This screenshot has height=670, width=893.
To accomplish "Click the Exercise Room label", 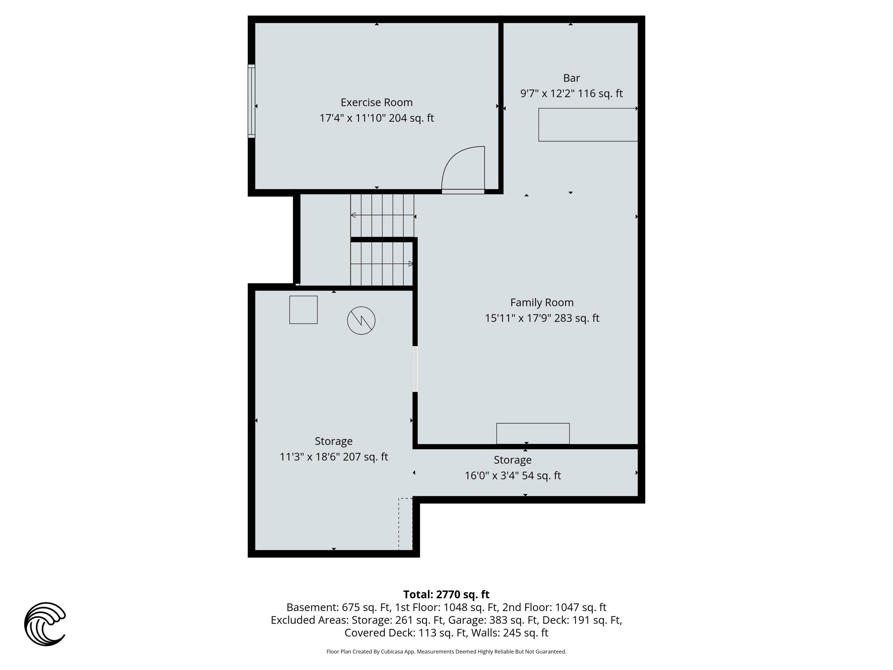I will pyautogui.click(x=376, y=102).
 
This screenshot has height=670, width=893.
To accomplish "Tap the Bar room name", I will pyautogui.click(x=571, y=78).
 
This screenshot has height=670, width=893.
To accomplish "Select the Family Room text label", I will pyautogui.click(x=541, y=303).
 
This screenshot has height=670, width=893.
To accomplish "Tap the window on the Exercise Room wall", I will pyautogui.click(x=252, y=101).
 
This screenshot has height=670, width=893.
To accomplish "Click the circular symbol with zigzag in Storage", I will pyautogui.click(x=361, y=321).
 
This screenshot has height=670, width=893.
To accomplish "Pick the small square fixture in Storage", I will pyautogui.click(x=303, y=310).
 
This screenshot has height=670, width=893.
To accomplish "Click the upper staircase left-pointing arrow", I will pyautogui.click(x=353, y=215).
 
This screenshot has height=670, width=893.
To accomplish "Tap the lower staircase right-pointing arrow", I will pyautogui.click(x=410, y=264).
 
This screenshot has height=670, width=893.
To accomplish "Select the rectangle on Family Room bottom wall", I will pyautogui.click(x=533, y=433).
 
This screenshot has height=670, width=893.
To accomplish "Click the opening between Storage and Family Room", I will pyautogui.click(x=415, y=369).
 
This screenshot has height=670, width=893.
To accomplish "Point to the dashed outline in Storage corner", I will pyautogui.click(x=405, y=524).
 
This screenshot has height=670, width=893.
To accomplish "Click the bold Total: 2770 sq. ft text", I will pyautogui.click(x=446, y=594).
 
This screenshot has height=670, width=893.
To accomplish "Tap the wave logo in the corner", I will pyautogui.click(x=45, y=624).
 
